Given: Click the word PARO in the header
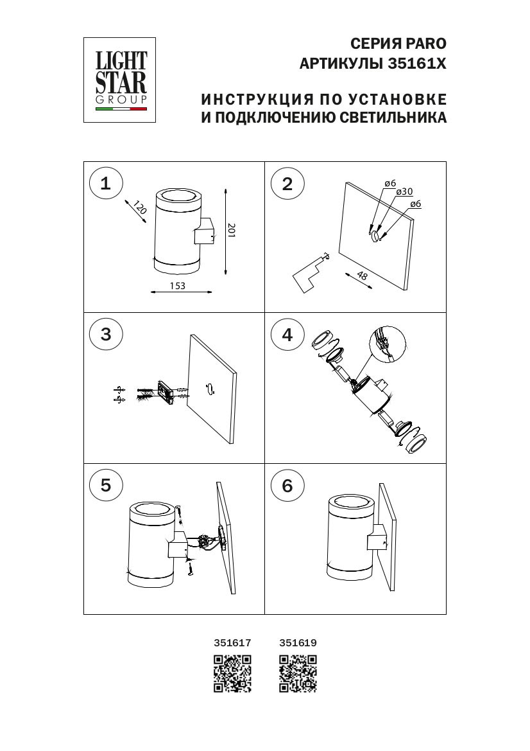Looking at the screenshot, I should (x=424, y=44).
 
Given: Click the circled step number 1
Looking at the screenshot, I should (x=106, y=183).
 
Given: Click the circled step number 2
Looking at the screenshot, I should (x=287, y=184).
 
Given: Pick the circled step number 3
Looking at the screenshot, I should (x=106, y=334).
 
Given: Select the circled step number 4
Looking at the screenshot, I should (x=287, y=335).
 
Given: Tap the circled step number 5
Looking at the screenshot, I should (x=106, y=485).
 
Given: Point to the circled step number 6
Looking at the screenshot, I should (x=287, y=486).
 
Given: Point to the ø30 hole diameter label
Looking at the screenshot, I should (x=404, y=191).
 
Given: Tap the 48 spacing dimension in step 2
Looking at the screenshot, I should (x=363, y=276).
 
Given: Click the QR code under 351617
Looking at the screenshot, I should (x=232, y=673).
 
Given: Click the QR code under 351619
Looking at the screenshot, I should (x=298, y=673).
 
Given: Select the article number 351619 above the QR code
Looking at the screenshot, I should (x=298, y=642).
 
